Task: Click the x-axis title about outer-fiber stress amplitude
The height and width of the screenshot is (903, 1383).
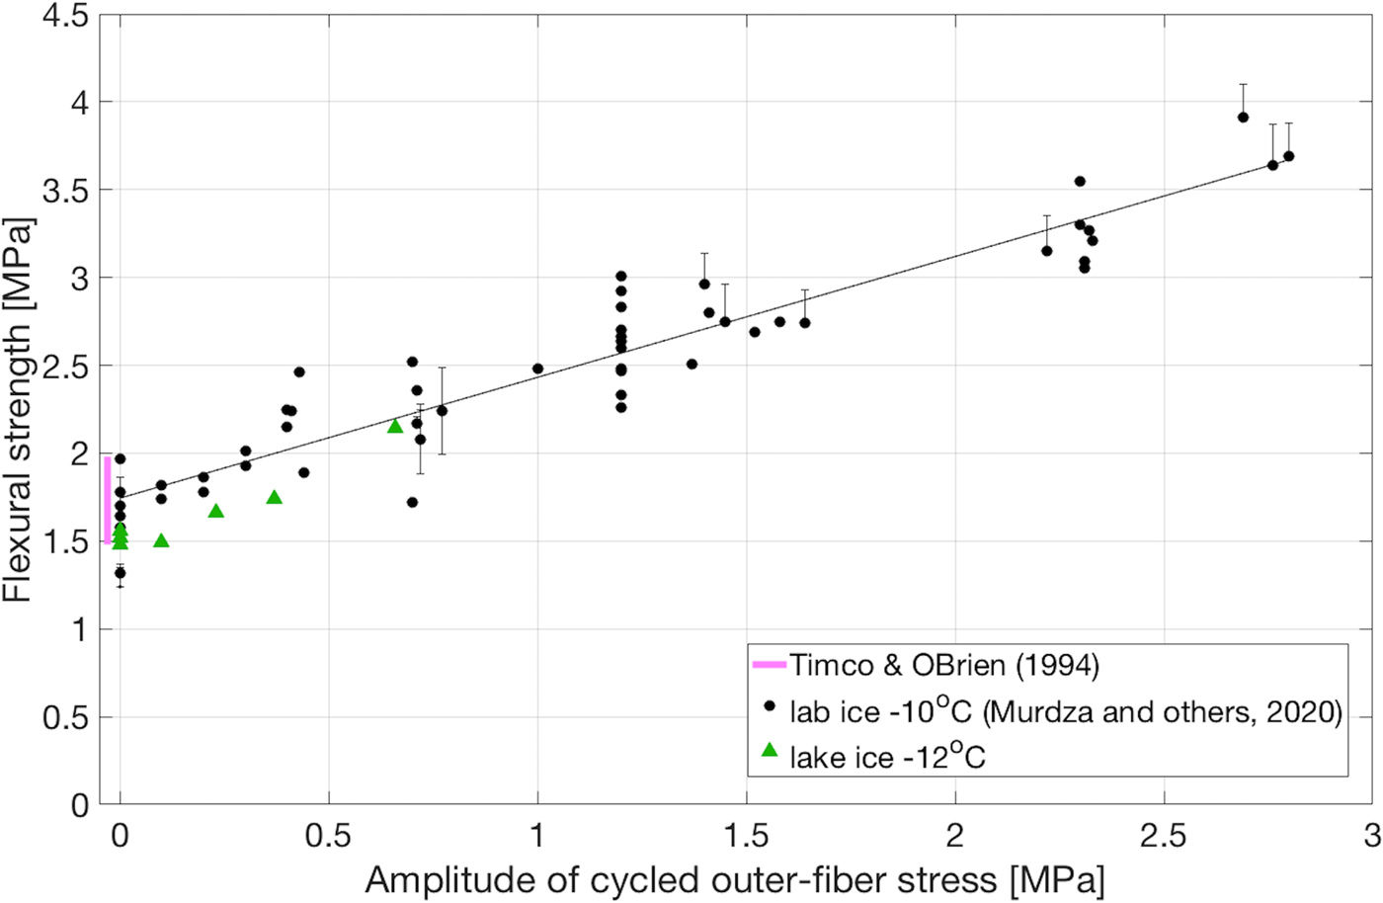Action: (734, 879)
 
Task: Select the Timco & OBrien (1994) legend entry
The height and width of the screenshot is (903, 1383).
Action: (943, 665)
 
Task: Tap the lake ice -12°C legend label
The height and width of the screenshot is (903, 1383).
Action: (887, 757)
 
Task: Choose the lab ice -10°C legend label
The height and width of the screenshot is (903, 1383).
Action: (1065, 711)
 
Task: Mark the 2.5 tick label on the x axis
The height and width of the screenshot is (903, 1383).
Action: (1163, 836)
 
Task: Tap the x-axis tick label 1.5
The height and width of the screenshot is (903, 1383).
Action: (746, 836)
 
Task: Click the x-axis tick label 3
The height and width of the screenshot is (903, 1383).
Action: (1371, 836)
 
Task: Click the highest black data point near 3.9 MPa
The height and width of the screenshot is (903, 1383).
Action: (1243, 118)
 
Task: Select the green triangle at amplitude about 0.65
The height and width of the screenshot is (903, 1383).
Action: (395, 426)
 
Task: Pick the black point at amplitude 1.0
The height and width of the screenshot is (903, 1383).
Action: (537, 369)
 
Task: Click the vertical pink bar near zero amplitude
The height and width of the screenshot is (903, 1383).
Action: (107, 499)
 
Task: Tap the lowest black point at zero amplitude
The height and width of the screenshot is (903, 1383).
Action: (121, 573)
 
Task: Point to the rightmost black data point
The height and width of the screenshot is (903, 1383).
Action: (1288, 156)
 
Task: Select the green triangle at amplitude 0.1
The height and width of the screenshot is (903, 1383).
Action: (161, 540)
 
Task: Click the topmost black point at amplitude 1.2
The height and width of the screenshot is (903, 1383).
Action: (621, 277)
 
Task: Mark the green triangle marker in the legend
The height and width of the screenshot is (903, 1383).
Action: (769, 751)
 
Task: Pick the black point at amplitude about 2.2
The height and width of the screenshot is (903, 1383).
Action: (1046, 251)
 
